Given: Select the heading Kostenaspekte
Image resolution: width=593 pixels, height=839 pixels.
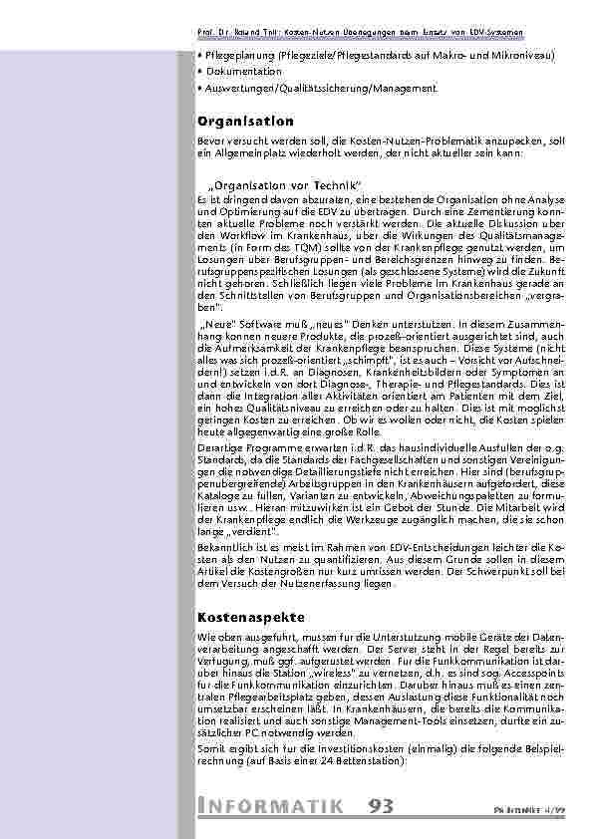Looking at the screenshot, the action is tap(249, 618).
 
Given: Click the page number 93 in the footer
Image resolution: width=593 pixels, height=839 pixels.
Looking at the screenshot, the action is tap(386, 805).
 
